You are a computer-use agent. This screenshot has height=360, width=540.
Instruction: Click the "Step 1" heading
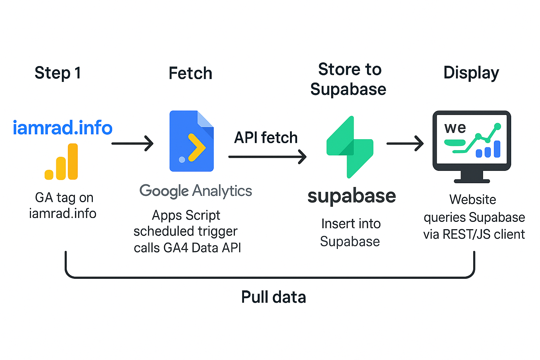tap(58, 73)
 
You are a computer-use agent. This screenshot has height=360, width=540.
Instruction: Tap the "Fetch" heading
tap(191, 73)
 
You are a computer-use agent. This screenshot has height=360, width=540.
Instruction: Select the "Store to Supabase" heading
tap(348, 79)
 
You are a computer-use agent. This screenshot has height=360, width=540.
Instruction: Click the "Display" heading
tap(471, 73)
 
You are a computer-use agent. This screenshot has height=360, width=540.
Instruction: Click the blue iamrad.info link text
tap(63, 128)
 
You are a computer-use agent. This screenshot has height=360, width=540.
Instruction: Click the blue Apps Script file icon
tap(192, 141)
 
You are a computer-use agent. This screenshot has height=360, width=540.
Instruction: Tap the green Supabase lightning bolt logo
tap(350, 147)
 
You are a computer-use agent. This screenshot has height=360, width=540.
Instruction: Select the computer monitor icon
tap(471, 146)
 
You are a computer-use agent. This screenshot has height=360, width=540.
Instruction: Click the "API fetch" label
tap(266, 137)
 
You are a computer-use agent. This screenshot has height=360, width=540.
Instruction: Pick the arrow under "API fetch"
tap(267, 157)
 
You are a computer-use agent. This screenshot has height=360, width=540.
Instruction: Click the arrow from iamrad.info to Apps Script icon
tap(133, 143)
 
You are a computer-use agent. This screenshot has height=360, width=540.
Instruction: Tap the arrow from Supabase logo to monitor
tap(405, 143)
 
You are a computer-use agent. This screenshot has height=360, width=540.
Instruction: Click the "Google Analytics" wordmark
tap(196, 191)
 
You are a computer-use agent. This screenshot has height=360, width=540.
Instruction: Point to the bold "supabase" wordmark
tap(352, 196)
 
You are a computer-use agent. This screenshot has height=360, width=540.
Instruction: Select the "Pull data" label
tap(274, 297)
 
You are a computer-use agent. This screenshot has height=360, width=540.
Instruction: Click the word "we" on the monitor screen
tap(455, 128)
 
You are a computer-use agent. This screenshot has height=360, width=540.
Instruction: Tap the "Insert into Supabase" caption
tap(351, 232)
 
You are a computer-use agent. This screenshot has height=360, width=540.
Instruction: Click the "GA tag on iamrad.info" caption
tap(63, 205)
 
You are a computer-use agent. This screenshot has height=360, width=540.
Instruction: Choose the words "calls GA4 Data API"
tap(187, 248)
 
